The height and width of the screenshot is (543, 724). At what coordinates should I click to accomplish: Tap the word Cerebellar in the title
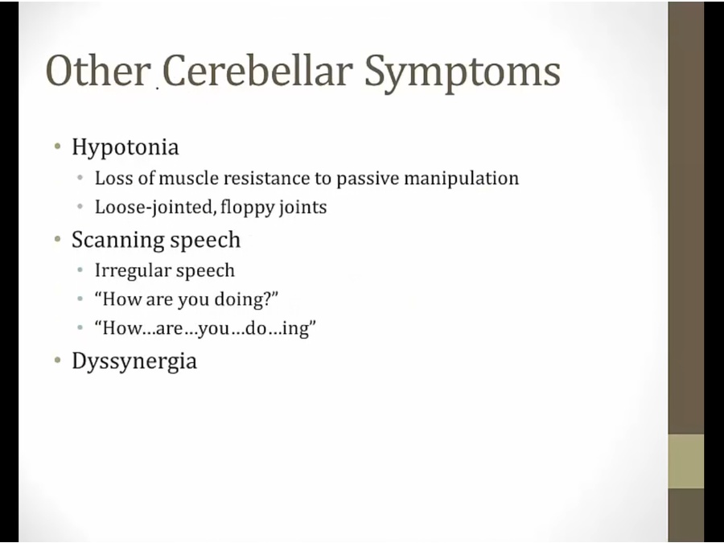(257, 71)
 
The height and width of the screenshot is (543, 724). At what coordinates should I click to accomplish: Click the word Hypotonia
(125, 148)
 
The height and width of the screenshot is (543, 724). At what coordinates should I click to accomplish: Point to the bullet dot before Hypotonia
(57, 147)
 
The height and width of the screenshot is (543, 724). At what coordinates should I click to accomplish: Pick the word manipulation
(461, 179)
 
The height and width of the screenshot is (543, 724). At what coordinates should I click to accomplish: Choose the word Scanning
(117, 240)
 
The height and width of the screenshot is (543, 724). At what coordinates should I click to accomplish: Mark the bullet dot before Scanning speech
(57, 239)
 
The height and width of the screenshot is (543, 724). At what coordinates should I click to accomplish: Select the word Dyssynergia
(134, 361)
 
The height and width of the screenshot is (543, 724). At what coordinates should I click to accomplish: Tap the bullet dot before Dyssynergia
(57, 360)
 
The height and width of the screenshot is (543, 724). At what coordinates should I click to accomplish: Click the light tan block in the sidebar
(686, 461)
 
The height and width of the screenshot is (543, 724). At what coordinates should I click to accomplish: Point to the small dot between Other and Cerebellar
(157, 87)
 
